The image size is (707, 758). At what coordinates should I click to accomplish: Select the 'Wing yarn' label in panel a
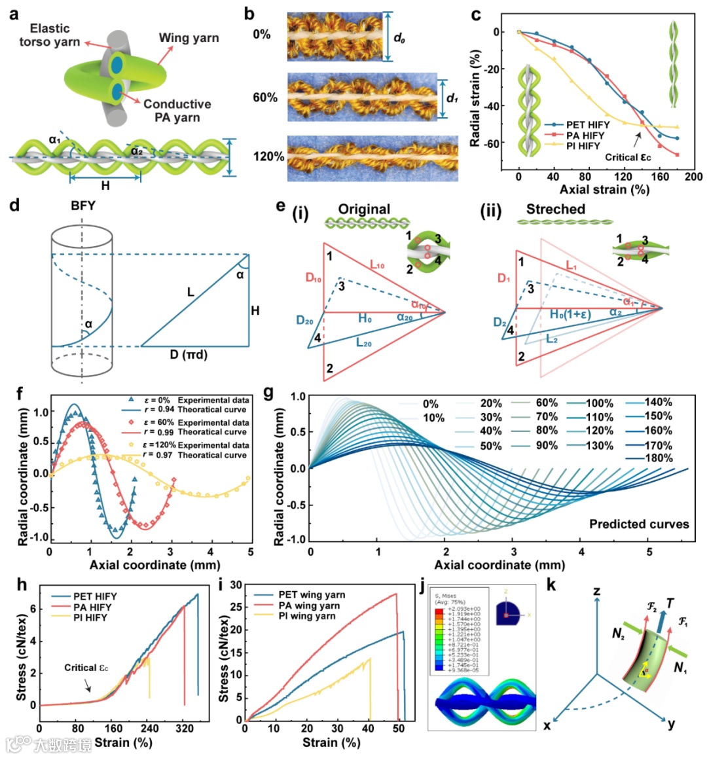click(x=189, y=37)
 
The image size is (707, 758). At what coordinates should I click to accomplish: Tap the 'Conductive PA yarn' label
click(x=177, y=111)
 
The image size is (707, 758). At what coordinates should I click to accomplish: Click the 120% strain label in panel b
click(x=268, y=157)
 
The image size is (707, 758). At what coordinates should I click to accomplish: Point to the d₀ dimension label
click(x=399, y=38)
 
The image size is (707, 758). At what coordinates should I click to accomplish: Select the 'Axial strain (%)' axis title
click(x=604, y=190)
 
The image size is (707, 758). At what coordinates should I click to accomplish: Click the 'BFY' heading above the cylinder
click(x=83, y=206)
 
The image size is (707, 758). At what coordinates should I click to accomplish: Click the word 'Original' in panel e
click(x=364, y=209)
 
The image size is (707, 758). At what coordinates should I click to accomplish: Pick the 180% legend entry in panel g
click(x=658, y=458)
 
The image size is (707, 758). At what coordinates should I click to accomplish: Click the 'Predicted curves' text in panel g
click(x=639, y=524)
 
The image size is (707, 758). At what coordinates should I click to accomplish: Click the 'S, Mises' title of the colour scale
click(x=449, y=596)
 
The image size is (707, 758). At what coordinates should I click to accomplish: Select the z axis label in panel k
click(x=596, y=592)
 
